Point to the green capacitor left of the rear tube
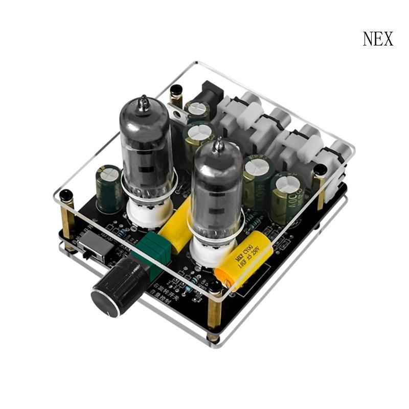(109, 188)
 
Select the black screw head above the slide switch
(66, 196)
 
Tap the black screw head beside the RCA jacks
(320, 170)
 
